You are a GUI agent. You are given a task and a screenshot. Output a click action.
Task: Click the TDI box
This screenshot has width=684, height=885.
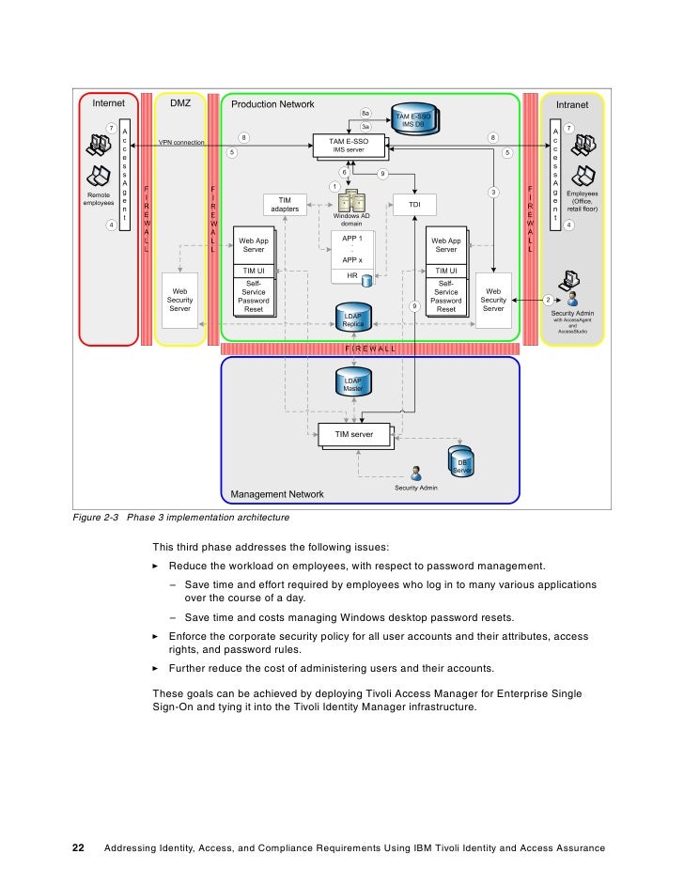point(414,205)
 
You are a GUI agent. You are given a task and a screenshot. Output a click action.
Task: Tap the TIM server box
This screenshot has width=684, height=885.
point(354,435)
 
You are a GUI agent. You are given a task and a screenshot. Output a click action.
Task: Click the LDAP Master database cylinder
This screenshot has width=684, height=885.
point(353,380)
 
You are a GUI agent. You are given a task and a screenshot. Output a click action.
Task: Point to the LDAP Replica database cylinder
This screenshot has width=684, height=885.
point(353,317)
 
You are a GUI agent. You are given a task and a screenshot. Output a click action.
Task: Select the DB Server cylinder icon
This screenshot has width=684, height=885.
point(461,463)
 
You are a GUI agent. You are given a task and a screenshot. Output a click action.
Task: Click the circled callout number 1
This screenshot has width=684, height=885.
point(333,186)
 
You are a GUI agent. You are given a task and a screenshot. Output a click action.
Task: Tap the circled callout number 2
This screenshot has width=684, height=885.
point(548,300)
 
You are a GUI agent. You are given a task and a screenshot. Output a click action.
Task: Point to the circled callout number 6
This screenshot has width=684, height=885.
point(344,172)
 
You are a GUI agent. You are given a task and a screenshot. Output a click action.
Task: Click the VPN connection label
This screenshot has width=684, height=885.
point(181,143)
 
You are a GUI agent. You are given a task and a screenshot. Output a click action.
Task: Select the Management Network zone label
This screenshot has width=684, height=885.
point(277,494)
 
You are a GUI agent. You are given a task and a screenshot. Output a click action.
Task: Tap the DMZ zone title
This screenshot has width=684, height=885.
point(180,104)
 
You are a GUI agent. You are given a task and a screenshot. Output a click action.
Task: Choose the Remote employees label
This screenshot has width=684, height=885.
point(99,198)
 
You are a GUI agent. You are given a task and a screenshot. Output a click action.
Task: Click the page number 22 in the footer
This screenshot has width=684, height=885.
point(80,848)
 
